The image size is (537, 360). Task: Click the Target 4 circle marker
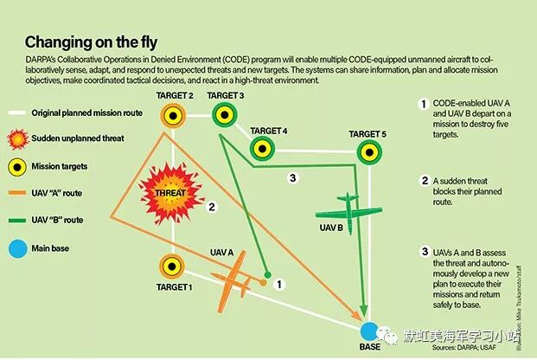[x=263, y=149]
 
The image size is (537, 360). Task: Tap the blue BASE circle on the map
[x=369, y=331]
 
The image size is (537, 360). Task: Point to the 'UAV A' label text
[x=222, y=252]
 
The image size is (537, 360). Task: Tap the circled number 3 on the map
[x=293, y=178]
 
